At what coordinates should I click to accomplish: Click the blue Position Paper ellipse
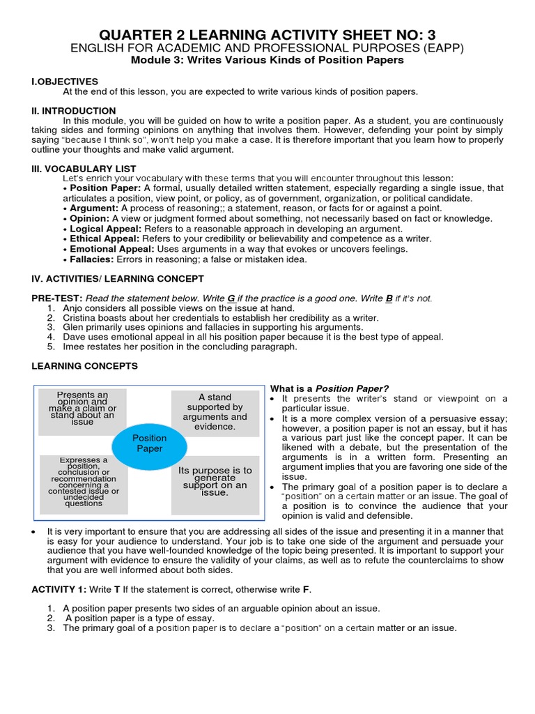149,443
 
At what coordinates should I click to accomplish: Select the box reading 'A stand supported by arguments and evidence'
215,411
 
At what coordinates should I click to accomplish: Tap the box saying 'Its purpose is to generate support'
215,482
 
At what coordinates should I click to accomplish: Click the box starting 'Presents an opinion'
82,409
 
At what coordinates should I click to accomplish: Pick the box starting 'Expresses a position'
84,482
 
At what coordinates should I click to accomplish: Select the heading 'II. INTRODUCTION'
75,111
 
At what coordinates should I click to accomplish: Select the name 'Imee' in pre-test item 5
73,347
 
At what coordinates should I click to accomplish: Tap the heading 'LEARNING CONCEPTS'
85,366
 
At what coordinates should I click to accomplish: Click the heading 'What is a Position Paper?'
329,388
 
